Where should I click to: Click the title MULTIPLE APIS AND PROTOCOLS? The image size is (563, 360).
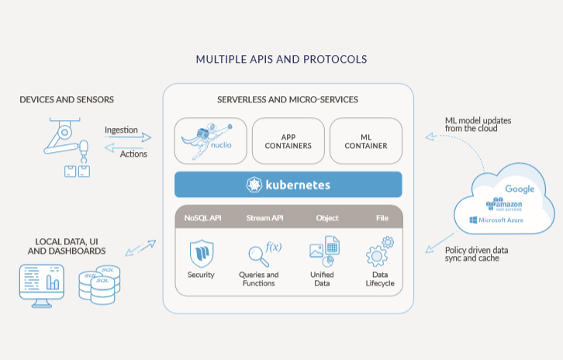(x=281, y=59)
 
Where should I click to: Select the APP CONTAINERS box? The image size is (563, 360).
(x=288, y=140)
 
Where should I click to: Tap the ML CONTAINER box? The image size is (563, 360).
(x=365, y=140)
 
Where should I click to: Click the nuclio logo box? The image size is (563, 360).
(x=211, y=140)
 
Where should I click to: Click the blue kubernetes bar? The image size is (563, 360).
(x=288, y=185)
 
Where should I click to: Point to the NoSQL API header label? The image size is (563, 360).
(x=203, y=219)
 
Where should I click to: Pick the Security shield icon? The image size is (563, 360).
(x=201, y=253)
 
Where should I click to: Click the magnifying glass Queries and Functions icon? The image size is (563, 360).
(x=258, y=254)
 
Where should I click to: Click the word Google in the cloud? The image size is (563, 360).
(x=520, y=189)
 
